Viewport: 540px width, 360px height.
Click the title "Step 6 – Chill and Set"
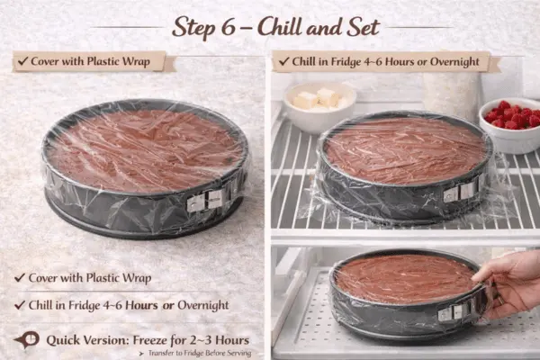coord(275,26)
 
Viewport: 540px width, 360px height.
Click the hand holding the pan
coord(508,279)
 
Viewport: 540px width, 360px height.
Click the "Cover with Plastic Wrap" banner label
coord(90,62)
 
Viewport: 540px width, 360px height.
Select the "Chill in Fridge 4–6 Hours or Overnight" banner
coord(385,62)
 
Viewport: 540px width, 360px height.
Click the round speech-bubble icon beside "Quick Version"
coord(27,340)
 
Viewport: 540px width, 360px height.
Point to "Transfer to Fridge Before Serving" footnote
coord(193,355)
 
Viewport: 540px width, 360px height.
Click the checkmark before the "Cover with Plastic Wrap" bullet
coord(21,278)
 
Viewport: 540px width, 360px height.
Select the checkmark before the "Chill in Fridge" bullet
coord(21,305)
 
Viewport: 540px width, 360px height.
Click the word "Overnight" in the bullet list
coord(204,305)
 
